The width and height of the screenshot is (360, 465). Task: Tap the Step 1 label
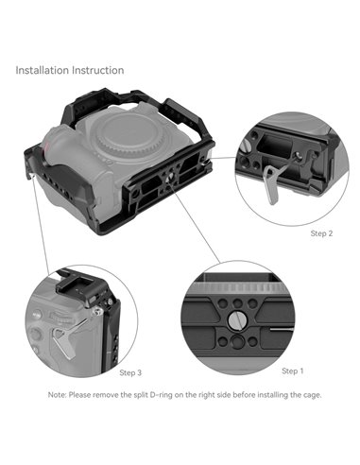tap(292, 370)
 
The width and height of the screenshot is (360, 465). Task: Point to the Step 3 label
tap(130, 373)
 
